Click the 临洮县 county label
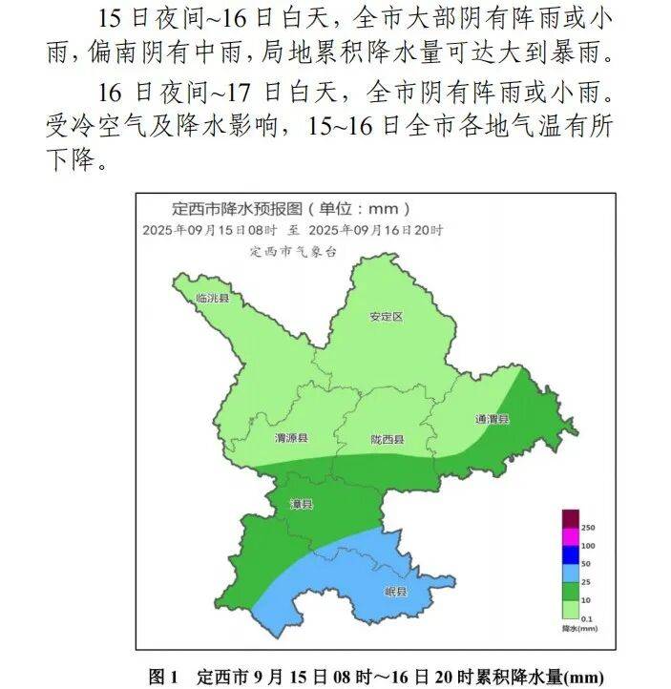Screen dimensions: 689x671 point(212,299)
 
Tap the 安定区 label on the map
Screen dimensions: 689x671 point(387,317)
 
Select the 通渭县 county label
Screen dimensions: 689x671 point(493,419)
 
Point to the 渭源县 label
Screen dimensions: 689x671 point(291,438)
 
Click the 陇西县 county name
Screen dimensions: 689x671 point(388,439)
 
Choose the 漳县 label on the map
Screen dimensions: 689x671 point(302,503)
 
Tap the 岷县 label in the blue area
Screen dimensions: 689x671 point(395,592)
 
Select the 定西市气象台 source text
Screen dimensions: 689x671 point(294,252)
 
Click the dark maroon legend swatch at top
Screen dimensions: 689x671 point(570,519)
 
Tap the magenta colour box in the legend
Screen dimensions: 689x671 point(570,537)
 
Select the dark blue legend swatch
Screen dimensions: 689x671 point(570,554)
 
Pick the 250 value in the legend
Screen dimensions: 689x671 point(589,528)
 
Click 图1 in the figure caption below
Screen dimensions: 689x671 point(162,677)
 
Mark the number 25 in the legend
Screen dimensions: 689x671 point(586,581)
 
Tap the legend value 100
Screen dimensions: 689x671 point(589,546)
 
